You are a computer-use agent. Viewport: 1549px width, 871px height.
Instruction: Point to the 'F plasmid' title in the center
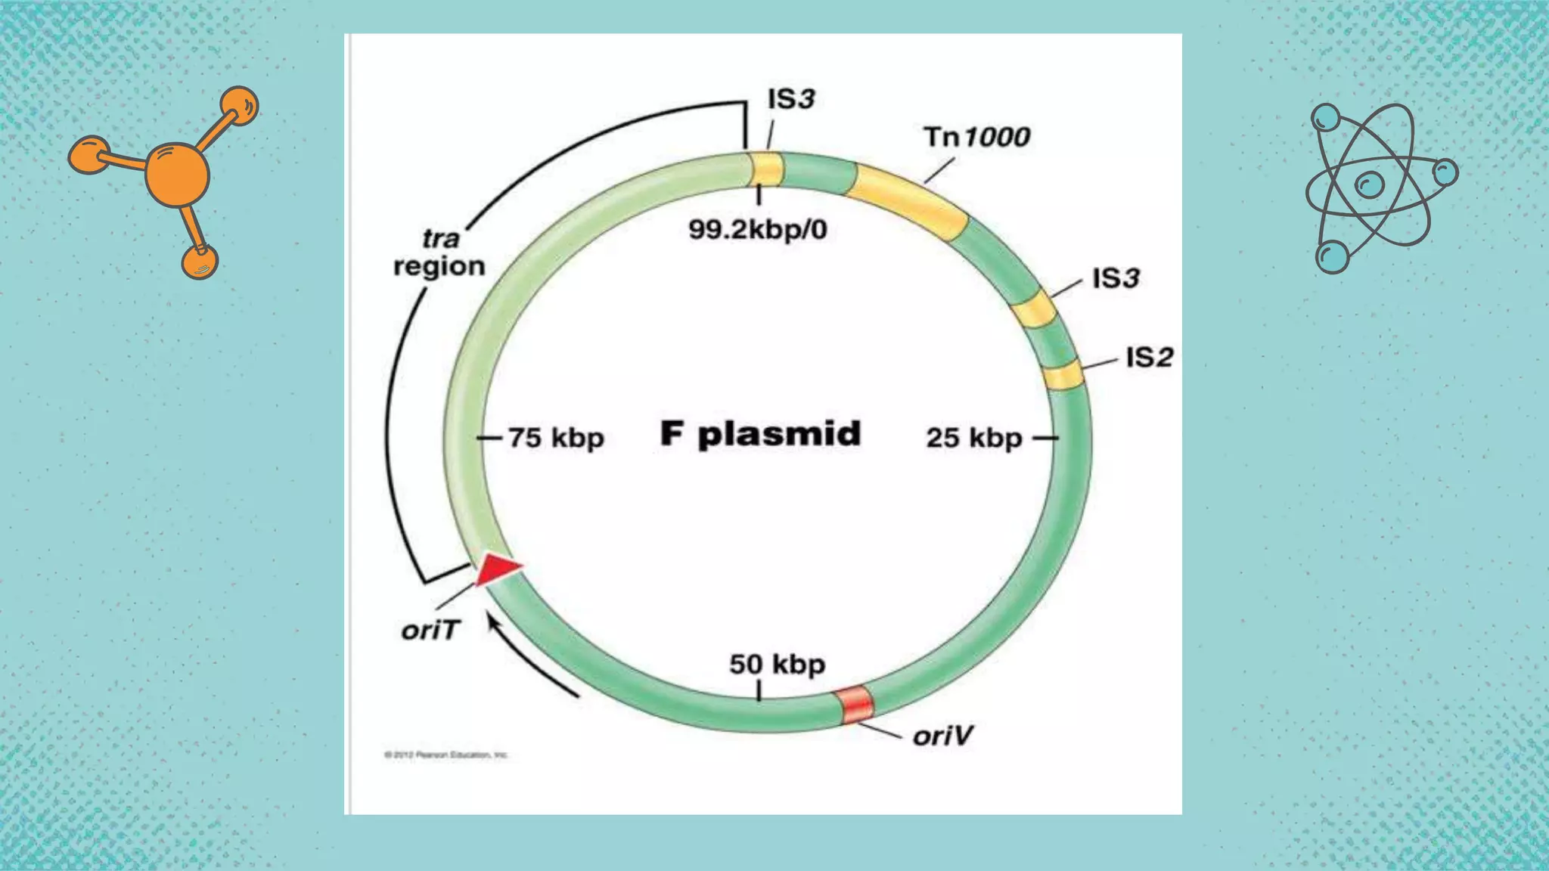point(760,435)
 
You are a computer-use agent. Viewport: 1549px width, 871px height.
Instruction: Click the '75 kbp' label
point(556,438)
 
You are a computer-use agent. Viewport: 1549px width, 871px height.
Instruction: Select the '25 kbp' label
point(974,438)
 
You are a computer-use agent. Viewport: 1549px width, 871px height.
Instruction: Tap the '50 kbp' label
point(777,665)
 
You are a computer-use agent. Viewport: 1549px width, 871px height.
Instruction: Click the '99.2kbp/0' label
point(758,229)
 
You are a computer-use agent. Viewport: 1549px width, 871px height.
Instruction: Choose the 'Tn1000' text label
point(976,137)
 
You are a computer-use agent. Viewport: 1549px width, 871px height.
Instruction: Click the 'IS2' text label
point(1149,357)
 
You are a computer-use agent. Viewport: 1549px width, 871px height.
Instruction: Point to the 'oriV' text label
point(942,736)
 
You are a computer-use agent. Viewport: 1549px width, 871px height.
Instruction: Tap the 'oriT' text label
point(430,630)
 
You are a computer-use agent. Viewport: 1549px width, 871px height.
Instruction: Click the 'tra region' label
point(439,253)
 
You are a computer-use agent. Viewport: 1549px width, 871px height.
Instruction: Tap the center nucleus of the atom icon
point(1369,184)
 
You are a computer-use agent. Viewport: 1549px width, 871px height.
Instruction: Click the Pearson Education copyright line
point(446,755)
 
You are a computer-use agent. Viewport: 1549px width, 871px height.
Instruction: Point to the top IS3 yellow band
point(766,169)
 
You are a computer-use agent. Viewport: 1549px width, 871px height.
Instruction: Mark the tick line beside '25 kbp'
point(1045,438)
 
